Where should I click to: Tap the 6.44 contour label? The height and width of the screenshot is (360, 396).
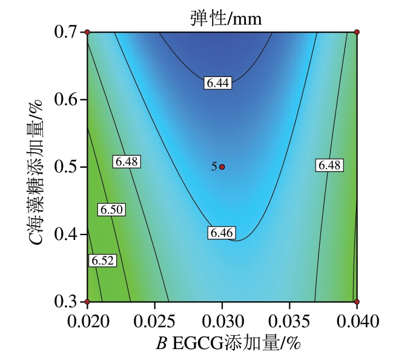[217, 84]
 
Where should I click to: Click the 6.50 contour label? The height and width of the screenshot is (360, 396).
[111, 210]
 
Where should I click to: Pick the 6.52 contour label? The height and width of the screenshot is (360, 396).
[102, 261]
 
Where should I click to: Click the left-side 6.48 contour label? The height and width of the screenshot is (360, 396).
[127, 162]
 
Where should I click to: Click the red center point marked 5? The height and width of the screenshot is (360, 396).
[222, 167]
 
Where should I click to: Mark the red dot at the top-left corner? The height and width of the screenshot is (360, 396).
[87, 32]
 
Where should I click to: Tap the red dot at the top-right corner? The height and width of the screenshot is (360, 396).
[357, 32]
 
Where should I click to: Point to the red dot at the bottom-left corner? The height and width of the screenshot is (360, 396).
[87, 301]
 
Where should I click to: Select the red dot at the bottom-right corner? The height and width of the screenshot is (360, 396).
[357, 301]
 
